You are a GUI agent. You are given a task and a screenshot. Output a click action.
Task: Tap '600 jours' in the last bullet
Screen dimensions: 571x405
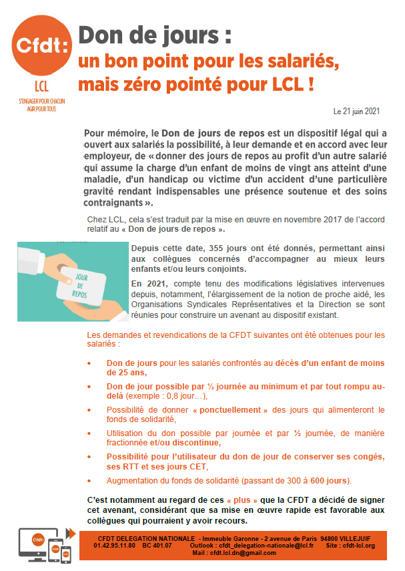[x=329, y=481]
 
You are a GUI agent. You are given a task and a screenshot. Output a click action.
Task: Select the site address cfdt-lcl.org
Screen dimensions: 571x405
[x=360, y=546]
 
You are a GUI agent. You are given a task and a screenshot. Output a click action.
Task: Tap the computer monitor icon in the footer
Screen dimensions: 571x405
[x=31, y=540]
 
